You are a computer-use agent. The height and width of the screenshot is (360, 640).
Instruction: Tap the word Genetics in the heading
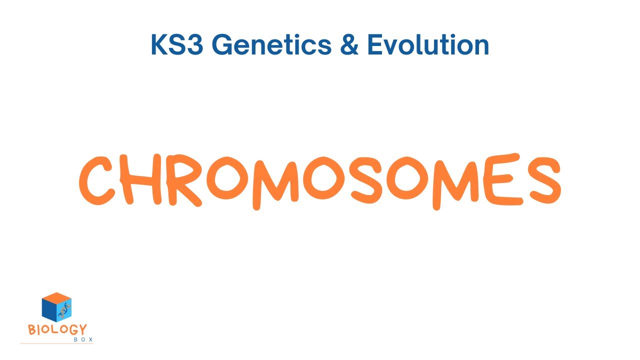coord(274,45)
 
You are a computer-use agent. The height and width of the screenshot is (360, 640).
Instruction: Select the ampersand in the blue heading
coord(349,45)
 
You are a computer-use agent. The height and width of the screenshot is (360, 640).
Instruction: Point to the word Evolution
coord(428,45)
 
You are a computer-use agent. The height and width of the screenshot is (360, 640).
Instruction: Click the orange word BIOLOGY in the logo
coord(57,330)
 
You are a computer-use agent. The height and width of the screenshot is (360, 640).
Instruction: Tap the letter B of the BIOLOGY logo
coord(32,330)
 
